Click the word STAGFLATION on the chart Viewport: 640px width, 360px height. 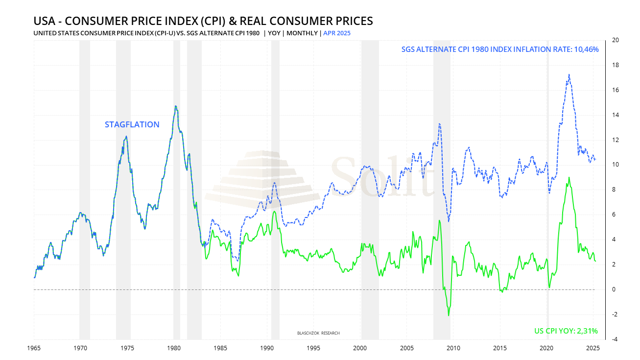point(132,124)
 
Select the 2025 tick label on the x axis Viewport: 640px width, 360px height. point(593,348)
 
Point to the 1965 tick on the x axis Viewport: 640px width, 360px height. point(34,348)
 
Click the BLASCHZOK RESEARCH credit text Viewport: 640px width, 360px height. point(318,333)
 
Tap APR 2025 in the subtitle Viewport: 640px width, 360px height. point(337,33)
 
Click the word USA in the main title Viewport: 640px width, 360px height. point(45,21)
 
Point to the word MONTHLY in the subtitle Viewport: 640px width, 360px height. point(302,33)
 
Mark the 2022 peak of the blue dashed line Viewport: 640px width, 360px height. point(569,74)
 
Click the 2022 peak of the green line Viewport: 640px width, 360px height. point(569,177)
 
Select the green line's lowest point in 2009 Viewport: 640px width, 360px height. point(449,315)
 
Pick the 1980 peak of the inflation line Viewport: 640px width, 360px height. point(175,106)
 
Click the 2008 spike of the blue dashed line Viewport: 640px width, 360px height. point(440,123)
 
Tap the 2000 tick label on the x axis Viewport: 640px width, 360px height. point(360,348)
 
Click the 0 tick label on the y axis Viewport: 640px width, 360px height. point(614,289)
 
